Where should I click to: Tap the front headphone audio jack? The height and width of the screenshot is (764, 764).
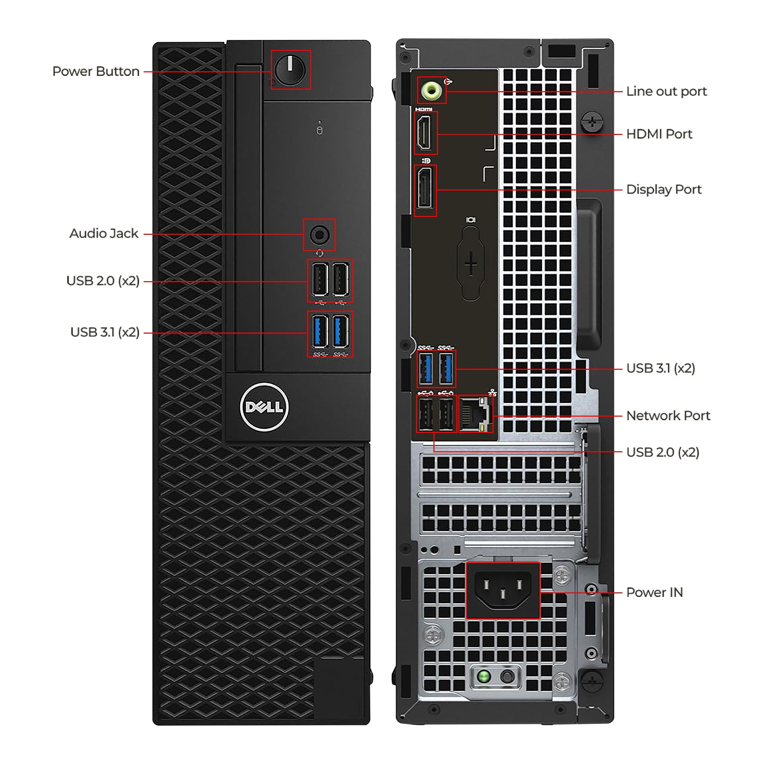[319, 235]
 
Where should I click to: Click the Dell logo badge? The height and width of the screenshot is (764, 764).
[264, 407]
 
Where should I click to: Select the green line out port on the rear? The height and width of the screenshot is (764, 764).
[431, 91]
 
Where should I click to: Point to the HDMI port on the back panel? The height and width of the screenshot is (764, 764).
[425, 132]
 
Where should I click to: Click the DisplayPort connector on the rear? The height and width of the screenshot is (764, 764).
[425, 189]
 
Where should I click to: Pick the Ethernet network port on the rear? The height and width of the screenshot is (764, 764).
[475, 414]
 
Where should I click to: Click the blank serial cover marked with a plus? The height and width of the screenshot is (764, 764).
[471, 264]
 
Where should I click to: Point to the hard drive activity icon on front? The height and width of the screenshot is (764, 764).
[319, 130]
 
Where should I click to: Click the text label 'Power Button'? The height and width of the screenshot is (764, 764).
[96, 71]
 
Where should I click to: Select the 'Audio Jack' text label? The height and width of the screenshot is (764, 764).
[104, 233]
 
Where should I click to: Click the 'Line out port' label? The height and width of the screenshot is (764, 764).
[666, 92]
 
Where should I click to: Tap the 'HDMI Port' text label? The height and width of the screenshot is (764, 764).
[659, 134]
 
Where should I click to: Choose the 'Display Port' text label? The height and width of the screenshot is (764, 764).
[664, 189]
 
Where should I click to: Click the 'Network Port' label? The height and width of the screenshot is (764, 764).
[668, 416]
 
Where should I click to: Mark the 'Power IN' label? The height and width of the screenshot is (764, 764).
[654, 592]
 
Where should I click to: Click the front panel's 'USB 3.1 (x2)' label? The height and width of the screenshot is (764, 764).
[105, 332]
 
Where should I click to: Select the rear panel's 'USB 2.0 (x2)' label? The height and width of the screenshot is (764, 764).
[663, 452]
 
